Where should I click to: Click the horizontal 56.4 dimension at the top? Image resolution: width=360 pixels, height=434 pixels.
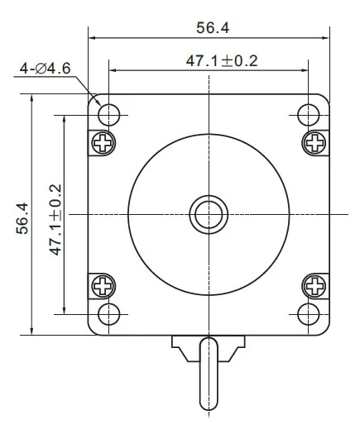212,27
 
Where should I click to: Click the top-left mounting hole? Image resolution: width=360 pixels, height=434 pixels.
108,112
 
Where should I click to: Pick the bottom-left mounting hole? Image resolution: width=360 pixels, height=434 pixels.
108,313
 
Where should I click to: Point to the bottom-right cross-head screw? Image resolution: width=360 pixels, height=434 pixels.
315,286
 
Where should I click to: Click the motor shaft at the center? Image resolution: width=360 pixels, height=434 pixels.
210,214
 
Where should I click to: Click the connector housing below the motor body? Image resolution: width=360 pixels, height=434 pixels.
210,343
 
